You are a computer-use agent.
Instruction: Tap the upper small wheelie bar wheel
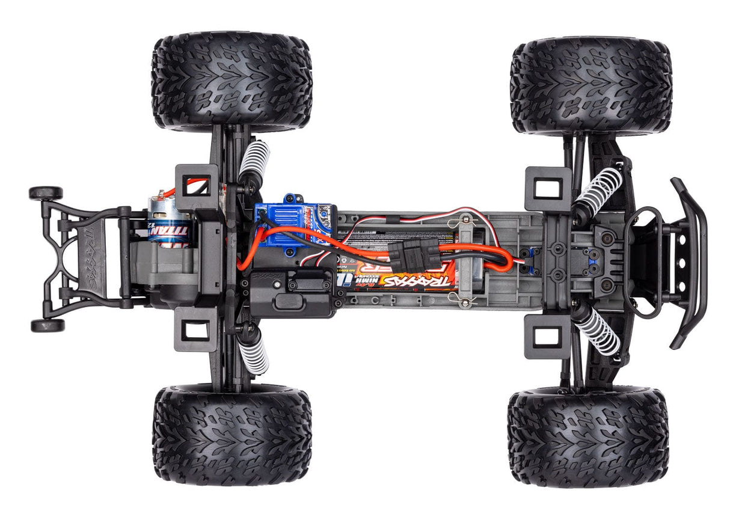pos(46,193)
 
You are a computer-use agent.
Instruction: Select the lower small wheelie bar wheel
pos(48,325)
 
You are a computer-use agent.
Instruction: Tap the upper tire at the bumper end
pos(590,85)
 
